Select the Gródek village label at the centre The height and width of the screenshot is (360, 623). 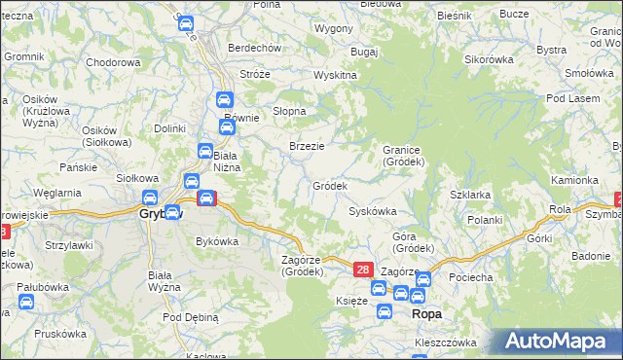coord(330,186)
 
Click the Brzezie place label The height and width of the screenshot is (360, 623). coord(307,146)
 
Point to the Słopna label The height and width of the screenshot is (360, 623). coord(289,111)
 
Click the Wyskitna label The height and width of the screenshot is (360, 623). coord(335,75)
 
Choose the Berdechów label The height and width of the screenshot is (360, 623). coord(254,48)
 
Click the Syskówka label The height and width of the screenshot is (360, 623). coord(372,211)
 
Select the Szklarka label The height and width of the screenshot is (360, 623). coord(470,195)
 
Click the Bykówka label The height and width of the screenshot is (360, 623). coord(217,240)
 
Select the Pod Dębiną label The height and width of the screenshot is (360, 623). coord(191,318)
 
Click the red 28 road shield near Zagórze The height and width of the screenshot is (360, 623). coord(362,270)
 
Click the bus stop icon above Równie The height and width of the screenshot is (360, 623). coord(223,99)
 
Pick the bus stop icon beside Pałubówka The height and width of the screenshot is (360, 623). coord(26,302)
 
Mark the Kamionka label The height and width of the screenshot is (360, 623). coord(574,180)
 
